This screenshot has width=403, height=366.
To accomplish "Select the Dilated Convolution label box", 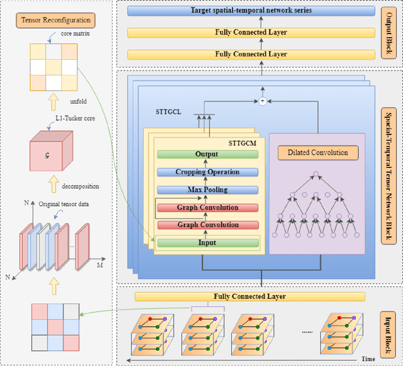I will click(317, 152).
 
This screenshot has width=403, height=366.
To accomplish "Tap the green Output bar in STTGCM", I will click(207, 155).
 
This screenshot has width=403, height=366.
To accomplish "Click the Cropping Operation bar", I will click(207, 172).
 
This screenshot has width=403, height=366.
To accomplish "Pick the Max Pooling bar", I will click(207, 190).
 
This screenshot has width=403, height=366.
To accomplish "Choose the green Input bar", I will click(207, 242).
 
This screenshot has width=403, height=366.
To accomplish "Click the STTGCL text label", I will click(169, 113).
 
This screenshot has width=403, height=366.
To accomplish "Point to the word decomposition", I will click(81, 186).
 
